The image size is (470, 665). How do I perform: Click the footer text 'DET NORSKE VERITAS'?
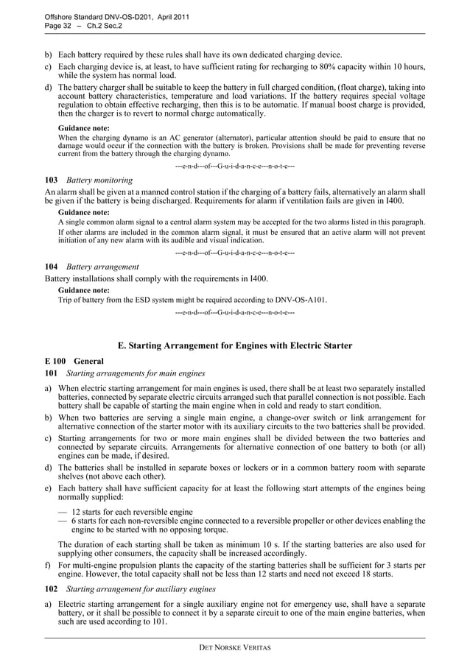235,647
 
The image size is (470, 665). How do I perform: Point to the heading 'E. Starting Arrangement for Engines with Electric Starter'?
235,345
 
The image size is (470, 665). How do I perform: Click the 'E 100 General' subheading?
74,362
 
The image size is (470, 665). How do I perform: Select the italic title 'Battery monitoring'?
99,180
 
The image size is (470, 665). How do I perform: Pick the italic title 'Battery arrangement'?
102,266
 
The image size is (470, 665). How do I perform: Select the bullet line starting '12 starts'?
133,512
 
